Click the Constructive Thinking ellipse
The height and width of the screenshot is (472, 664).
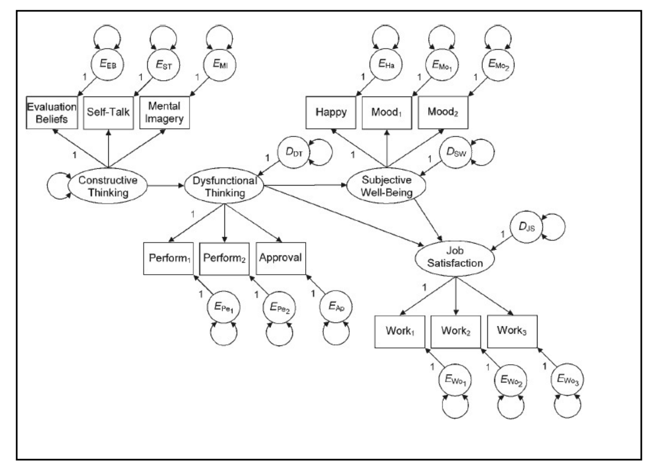click(x=107, y=187)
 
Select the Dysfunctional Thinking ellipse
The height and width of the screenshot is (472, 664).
click(x=224, y=187)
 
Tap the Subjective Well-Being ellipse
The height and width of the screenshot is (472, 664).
click(x=386, y=186)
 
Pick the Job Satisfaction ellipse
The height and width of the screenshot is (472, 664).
click(x=455, y=257)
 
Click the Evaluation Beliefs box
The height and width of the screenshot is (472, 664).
click(x=52, y=113)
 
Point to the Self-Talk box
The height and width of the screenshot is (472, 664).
click(x=108, y=113)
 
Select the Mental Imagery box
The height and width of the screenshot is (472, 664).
click(x=164, y=113)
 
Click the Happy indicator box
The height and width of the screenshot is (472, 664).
click(x=331, y=113)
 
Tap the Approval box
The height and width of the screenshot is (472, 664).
click(x=281, y=258)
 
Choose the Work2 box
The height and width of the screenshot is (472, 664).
click(x=456, y=331)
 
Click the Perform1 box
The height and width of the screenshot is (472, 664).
click(x=168, y=258)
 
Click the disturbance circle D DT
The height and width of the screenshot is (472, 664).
click(x=294, y=153)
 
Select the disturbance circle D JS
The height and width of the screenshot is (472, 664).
click(x=526, y=227)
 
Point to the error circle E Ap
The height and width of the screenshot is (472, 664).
click(x=337, y=307)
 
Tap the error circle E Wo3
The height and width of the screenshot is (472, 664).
click(x=568, y=379)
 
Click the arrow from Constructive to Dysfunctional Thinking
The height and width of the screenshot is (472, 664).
click(x=165, y=186)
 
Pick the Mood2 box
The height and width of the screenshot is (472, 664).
click(x=443, y=113)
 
